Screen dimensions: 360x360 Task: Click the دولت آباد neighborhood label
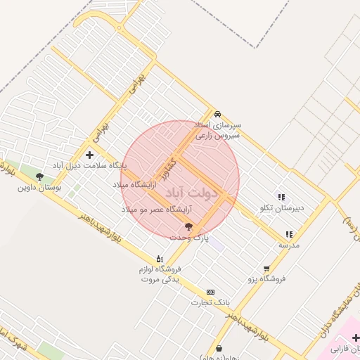point(195,191)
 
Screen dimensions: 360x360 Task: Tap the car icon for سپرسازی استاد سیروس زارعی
point(218,114)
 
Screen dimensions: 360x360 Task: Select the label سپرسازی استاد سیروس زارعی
point(217,129)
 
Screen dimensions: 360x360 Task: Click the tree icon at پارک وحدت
point(188,226)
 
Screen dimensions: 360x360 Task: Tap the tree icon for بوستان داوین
point(39,177)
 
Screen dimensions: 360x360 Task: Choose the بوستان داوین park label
point(39,188)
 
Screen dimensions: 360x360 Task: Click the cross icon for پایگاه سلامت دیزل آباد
point(89,155)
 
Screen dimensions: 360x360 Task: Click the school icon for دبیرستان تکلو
point(281,198)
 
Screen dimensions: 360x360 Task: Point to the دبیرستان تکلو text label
point(281,208)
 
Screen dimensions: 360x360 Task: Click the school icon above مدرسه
point(288,234)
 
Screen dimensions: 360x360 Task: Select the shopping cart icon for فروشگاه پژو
point(266,268)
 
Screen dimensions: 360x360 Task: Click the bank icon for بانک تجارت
point(210,292)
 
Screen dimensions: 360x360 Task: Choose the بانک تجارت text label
point(210,302)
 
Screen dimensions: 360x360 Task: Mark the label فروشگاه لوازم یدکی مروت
point(161,274)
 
